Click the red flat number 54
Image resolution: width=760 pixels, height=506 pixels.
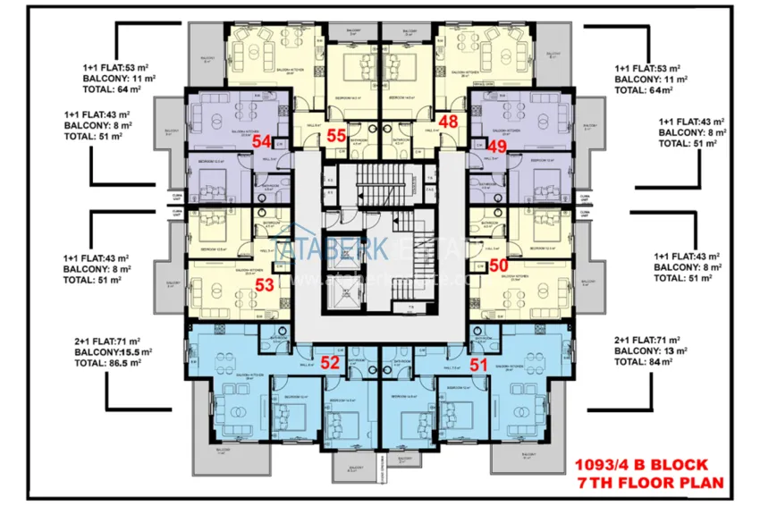point(262,141)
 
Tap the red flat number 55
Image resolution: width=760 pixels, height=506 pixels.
point(336,136)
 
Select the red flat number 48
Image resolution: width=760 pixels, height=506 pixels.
point(449,122)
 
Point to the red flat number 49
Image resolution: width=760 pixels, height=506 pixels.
point(498,147)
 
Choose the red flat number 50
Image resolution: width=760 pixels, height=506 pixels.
point(498,266)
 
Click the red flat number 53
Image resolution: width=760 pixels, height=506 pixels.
point(265,285)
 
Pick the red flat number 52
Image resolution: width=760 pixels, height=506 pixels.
point(331,362)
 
